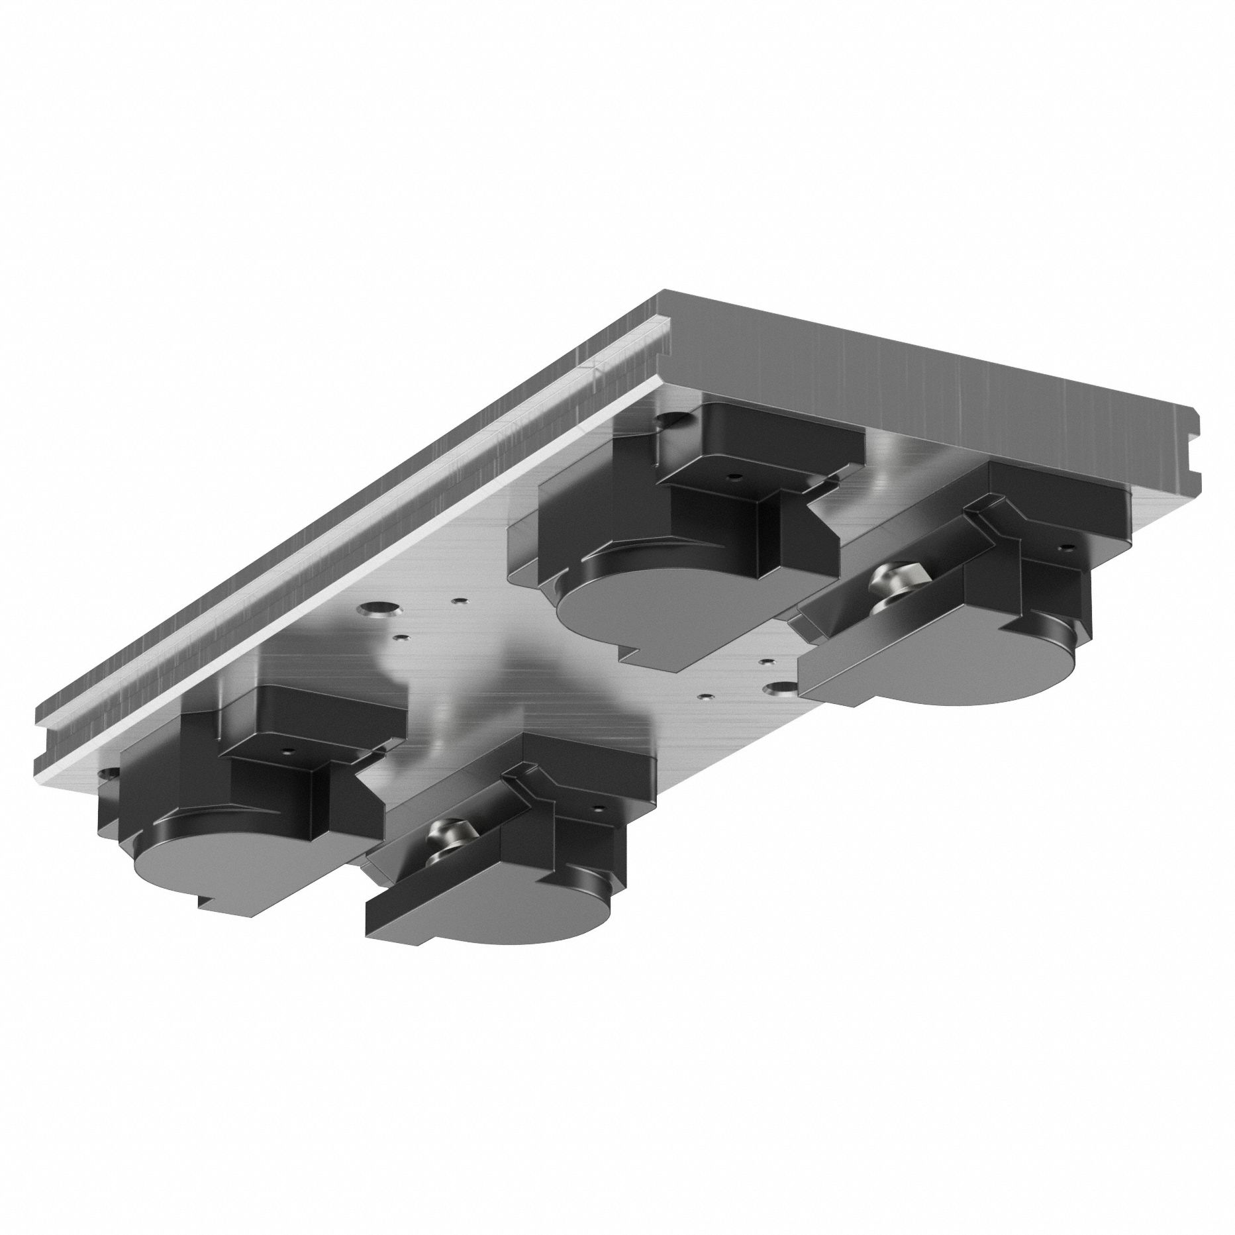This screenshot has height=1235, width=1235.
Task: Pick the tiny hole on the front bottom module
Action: click(600, 809)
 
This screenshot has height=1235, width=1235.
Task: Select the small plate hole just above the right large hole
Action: click(766, 662)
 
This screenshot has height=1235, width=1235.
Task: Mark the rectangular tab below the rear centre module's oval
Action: click(656, 652)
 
